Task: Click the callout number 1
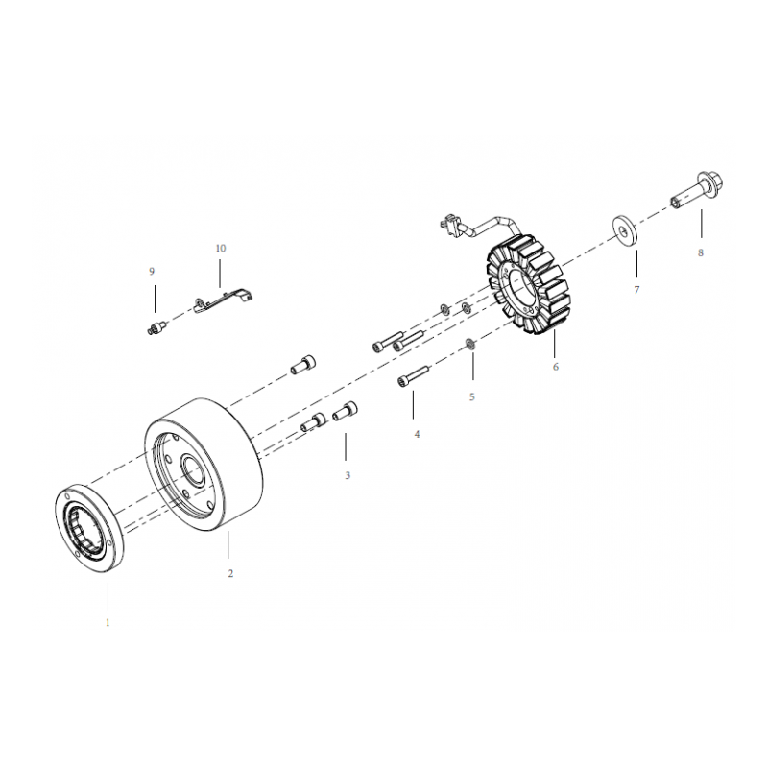click(x=108, y=622)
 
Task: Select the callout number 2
click(x=230, y=573)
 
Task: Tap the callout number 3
click(x=348, y=475)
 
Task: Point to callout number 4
click(x=417, y=434)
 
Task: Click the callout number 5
click(x=471, y=396)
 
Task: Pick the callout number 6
click(x=556, y=367)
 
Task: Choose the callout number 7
click(x=636, y=290)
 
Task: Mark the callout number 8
click(x=701, y=252)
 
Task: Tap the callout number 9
click(x=152, y=272)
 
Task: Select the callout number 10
click(x=221, y=249)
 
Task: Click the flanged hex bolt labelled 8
click(x=697, y=190)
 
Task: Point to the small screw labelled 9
click(x=156, y=326)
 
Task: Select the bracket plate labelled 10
click(x=224, y=300)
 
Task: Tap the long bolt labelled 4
click(x=413, y=375)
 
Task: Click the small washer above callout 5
click(x=469, y=345)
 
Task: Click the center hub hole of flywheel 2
click(x=193, y=470)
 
